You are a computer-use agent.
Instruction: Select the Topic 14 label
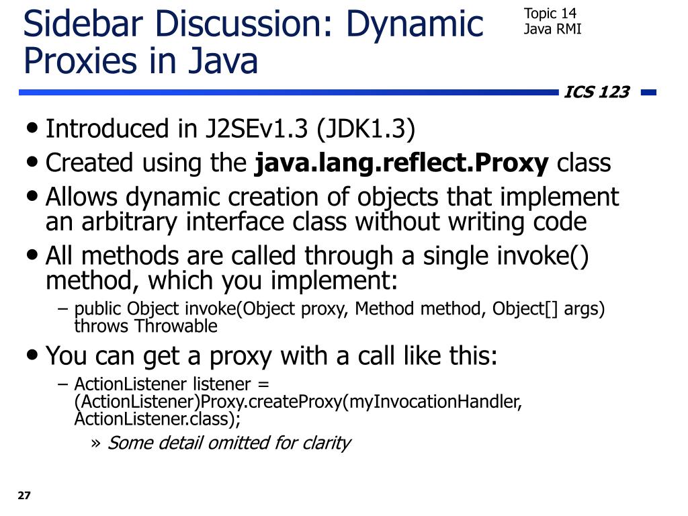tap(550, 13)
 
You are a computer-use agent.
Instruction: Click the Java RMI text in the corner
tap(552, 29)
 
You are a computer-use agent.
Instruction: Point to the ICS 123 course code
tap(597, 92)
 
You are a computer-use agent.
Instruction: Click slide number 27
tap(24, 496)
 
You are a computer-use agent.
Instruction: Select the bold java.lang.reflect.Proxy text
tap(402, 163)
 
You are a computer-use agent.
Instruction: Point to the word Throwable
tap(176, 327)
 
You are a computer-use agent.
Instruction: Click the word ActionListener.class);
tap(157, 419)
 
